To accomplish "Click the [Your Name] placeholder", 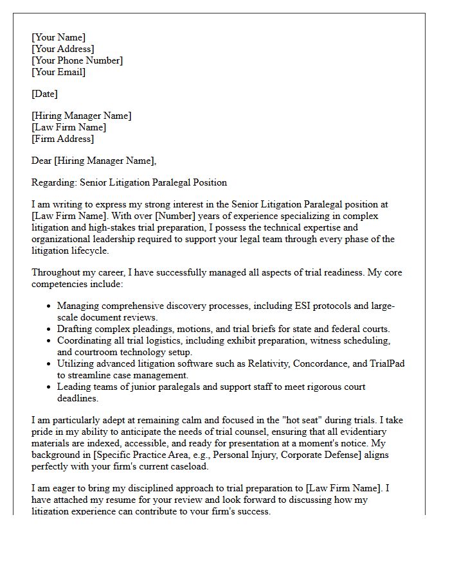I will point(59,37).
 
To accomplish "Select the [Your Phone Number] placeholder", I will point(77,60).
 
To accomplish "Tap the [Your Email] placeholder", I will point(59,72).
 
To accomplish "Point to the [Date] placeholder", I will point(44,94).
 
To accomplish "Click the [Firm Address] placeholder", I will point(62,139).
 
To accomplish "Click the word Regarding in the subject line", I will point(53,182).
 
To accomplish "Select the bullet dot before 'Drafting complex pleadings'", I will point(50,329).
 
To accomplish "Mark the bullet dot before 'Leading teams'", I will point(50,387).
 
